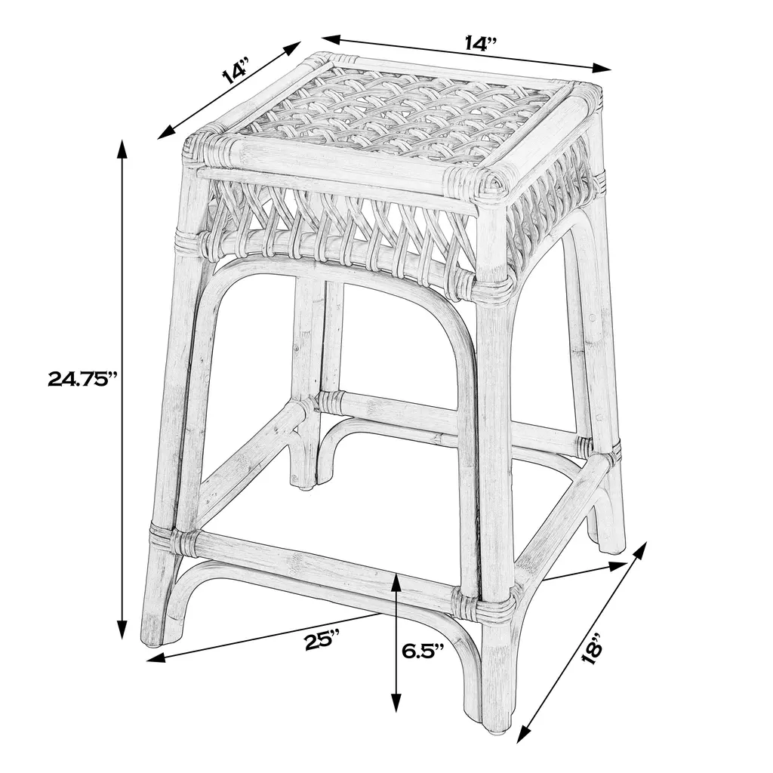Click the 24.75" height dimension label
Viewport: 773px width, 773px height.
(82, 379)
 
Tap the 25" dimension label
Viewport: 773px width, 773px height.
(323, 642)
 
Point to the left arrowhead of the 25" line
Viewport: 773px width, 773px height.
(158, 658)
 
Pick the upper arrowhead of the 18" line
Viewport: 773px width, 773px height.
(639, 552)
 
